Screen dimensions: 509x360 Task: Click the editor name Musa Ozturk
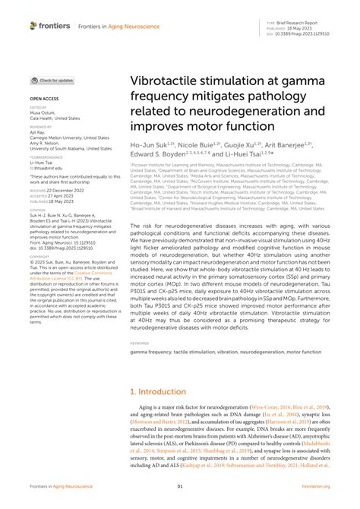[44, 114]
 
